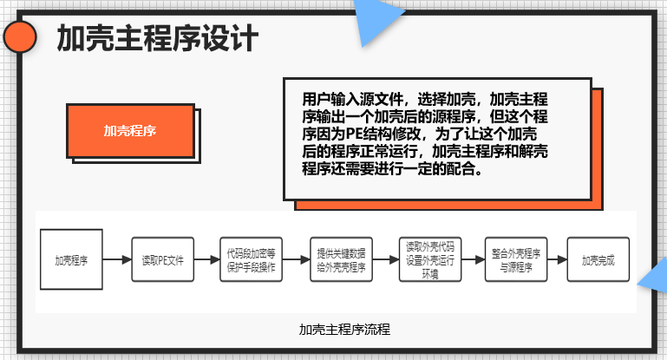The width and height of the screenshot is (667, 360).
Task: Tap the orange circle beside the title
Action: pos(20,37)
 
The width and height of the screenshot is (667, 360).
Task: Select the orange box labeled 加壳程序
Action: pos(129,131)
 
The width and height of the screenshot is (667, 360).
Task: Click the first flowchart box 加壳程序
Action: pos(71,259)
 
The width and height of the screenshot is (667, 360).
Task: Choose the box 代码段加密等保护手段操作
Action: pos(251,259)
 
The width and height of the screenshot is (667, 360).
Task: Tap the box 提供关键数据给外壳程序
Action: pos(340,259)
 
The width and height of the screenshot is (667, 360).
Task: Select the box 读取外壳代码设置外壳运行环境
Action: pos(428,259)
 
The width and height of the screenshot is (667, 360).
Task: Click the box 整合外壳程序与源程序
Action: pos(515,259)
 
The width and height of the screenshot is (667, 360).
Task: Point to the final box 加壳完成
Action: pos(598,259)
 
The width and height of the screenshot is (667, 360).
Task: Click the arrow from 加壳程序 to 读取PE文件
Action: pos(116,259)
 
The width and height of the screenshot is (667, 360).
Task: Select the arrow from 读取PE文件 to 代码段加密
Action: pos(207,259)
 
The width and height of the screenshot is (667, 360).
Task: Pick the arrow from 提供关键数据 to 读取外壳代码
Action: pos(384,259)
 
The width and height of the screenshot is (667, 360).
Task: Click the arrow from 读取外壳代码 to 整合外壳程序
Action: pos(473,259)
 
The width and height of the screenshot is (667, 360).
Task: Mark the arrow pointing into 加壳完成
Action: pos(558,259)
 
